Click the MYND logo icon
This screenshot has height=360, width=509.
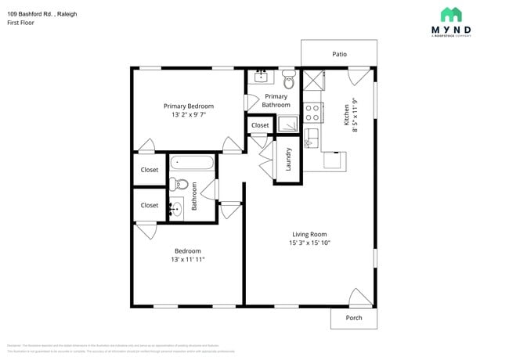[x=450, y=14]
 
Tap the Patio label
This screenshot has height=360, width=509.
[x=339, y=54]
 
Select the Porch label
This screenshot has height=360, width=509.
[x=353, y=318]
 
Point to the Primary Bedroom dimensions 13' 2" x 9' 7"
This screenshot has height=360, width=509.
[x=188, y=115]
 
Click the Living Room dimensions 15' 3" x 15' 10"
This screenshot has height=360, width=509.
[x=309, y=243]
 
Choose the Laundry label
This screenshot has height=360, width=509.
[x=288, y=160]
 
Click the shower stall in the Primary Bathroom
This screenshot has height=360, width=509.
[x=287, y=124]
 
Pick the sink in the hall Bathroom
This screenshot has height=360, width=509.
[x=177, y=207]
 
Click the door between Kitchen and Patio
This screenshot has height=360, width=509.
[x=359, y=77]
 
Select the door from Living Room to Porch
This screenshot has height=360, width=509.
[x=359, y=297]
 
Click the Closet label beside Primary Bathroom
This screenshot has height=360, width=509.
[x=260, y=125]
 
